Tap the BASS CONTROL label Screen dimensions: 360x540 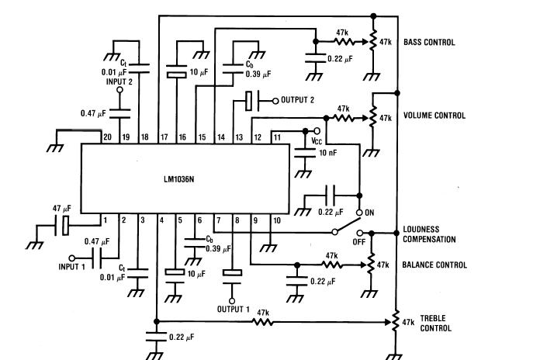429,43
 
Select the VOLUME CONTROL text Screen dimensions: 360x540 434,116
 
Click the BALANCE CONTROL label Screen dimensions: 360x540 434,265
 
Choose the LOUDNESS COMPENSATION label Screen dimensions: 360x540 429,234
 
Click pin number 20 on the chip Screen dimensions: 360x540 107,137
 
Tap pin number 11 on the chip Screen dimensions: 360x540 275,137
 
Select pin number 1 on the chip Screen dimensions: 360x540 105,220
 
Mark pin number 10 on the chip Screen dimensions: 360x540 276,220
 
